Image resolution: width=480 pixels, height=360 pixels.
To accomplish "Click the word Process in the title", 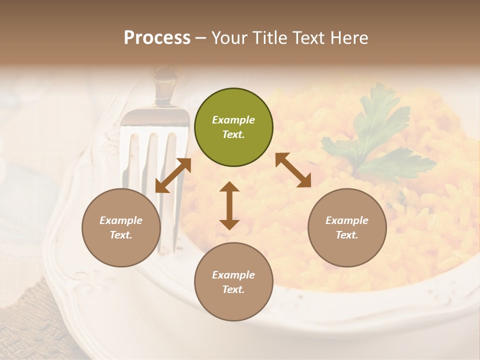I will point(157,38).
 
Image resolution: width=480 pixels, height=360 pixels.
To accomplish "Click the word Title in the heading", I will point(270,38).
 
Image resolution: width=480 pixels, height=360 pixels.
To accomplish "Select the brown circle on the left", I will point(121,227).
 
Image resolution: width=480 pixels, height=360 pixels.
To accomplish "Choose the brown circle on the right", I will point(347,227).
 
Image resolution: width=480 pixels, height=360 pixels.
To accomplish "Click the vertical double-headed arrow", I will point(229,205).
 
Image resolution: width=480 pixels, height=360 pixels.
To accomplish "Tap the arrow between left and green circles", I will point(173,175).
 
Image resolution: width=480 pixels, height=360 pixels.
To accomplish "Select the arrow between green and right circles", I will point(293,170).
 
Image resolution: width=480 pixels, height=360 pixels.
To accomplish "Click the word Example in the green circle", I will point(233,120).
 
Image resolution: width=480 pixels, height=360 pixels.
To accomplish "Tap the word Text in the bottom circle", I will point(233,289).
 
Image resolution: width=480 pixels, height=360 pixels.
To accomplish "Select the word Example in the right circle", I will point(347,220).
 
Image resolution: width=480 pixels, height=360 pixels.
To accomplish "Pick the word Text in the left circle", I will point(121,235).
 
